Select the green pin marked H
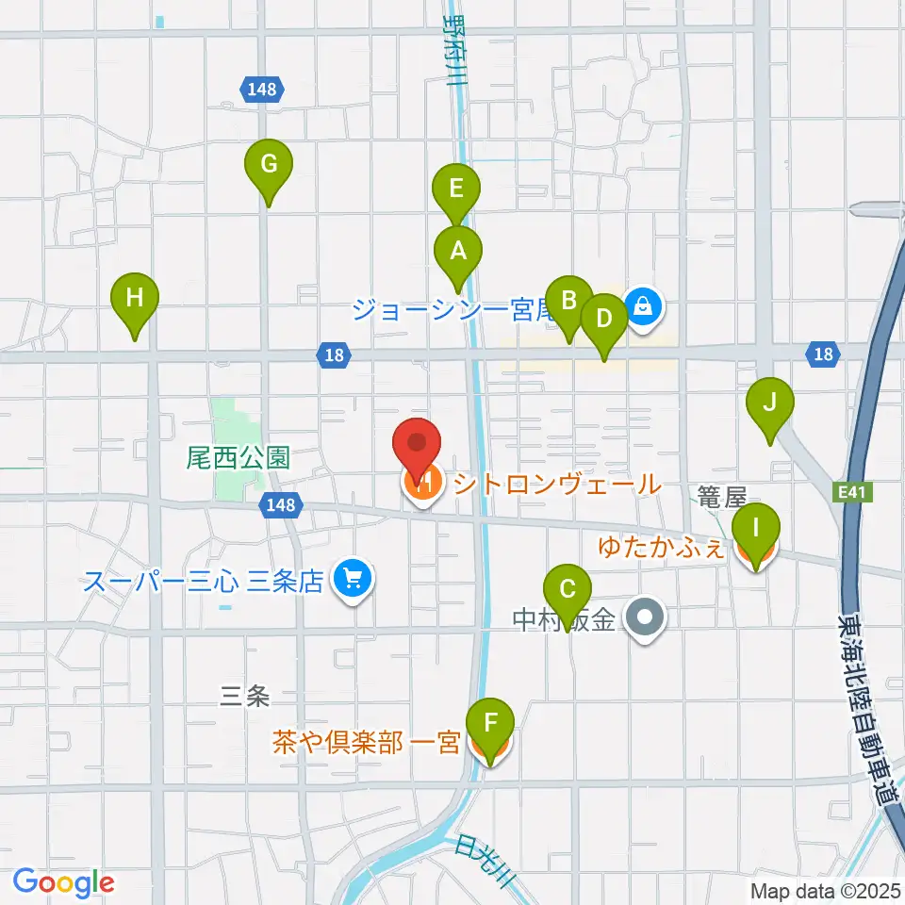click(135, 300)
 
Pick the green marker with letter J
click(770, 404)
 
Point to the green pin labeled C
click(568, 591)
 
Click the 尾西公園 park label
click(237, 459)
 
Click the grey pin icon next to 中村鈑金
click(646, 620)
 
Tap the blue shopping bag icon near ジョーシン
click(642, 305)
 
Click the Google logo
click(63, 882)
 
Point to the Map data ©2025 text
click(826, 890)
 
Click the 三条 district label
click(245, 697)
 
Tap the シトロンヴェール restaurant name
click(557, 485)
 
